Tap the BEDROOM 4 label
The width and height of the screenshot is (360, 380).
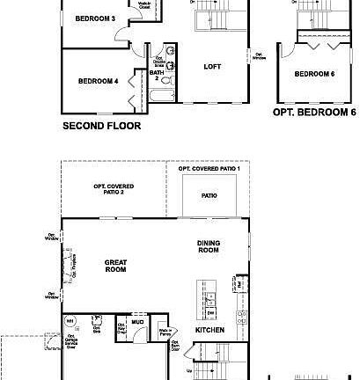click(98, 81)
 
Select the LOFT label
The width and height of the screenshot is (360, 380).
click(212, 66)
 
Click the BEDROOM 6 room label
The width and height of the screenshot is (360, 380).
click(314, 74)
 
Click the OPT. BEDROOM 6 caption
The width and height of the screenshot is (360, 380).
click(314, 113)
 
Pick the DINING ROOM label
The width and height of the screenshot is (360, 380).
click(208, 247)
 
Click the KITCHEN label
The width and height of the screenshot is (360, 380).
click(209, 330)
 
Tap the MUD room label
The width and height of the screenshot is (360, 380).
click(138, 322)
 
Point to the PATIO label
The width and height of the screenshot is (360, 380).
click(209, 195)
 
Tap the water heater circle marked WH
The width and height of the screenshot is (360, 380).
click(71, 321)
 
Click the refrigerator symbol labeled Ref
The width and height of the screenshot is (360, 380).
click(239, 284)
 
